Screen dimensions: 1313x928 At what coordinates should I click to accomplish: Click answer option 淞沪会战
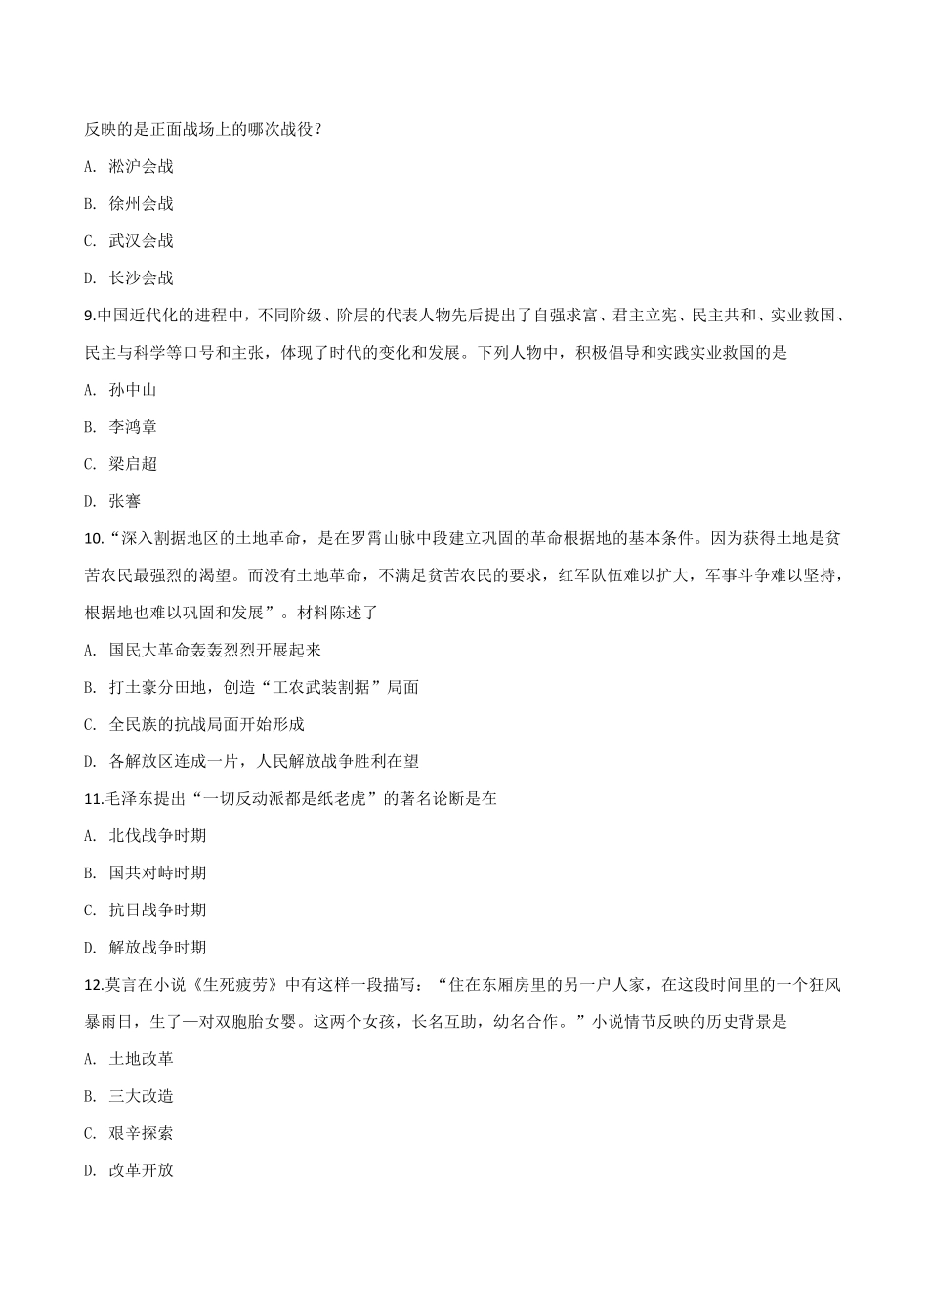click(141, 167)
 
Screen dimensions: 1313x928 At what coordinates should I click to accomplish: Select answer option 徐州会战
click(141, 204)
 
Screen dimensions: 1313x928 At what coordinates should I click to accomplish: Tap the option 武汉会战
click(141, 241)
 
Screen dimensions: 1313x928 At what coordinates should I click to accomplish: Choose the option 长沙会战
click(141, 278)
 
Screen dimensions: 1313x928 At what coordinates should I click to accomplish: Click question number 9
click(90, 316)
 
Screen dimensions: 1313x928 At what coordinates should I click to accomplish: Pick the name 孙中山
click(133, 390)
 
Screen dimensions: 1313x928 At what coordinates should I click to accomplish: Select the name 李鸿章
click(133, 427)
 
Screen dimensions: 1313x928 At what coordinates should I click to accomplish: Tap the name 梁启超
click(133, 464)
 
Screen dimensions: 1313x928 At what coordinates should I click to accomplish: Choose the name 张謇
click(125, 501)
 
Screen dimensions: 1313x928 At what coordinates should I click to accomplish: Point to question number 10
click(94, 538)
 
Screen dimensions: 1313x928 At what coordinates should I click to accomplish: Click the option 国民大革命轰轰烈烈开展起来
click(215, 650)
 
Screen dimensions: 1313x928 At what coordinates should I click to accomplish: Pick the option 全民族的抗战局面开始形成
click(206, 724)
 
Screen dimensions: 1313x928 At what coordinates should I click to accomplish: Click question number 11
click(94, 799)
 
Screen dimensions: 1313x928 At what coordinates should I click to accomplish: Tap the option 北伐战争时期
click(157, 836)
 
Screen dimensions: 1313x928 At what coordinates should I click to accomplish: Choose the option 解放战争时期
click(157, 948)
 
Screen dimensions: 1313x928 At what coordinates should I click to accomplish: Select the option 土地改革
click(141, 1059)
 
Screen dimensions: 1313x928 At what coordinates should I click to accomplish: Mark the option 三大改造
click(141, 1096)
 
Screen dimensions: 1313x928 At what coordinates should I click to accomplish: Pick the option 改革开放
click(141, 1170)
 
